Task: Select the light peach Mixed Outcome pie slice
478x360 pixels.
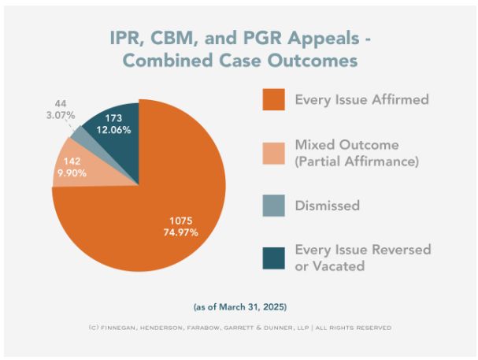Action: (80, 169)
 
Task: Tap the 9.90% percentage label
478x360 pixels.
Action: (69, 173)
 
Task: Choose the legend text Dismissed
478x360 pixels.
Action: (327, 206)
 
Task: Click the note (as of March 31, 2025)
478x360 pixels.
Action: (239, 306)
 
